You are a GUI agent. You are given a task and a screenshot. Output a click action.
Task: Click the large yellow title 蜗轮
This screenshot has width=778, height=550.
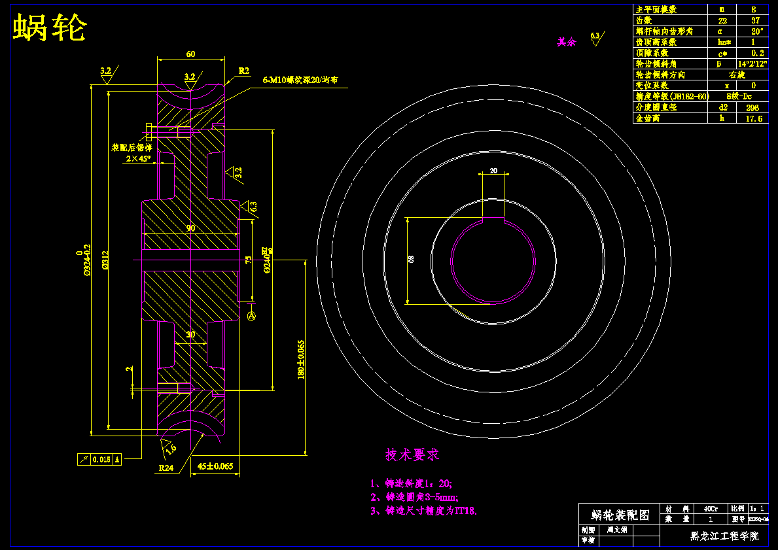tap(50, 29)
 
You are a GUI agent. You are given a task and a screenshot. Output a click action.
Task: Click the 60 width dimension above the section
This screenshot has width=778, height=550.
tap(190, 54)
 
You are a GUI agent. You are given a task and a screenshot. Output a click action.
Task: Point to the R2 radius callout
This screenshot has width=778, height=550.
tap(244, 71)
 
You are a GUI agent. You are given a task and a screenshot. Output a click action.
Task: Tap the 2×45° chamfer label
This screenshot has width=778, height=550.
tap(139, 158)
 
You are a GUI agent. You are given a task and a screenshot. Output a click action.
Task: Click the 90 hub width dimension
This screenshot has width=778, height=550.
tap(190, 228)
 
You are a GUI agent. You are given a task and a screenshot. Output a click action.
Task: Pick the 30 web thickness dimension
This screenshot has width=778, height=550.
tap(190, 334)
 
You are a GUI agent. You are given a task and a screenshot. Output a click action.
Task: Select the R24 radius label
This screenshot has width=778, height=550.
tap(166, 468)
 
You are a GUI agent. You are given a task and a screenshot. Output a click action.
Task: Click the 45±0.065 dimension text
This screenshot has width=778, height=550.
tap(215, 467)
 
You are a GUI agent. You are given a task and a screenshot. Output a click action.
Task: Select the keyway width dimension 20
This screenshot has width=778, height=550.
tap(493, 171)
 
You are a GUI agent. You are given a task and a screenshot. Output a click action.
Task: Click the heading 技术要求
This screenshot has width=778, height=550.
tap(412, 454)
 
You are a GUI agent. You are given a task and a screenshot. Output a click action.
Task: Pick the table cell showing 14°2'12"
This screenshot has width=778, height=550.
tap(751, 64)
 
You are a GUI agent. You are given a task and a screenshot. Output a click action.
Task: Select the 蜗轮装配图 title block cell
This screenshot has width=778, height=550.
tap(620, 515)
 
